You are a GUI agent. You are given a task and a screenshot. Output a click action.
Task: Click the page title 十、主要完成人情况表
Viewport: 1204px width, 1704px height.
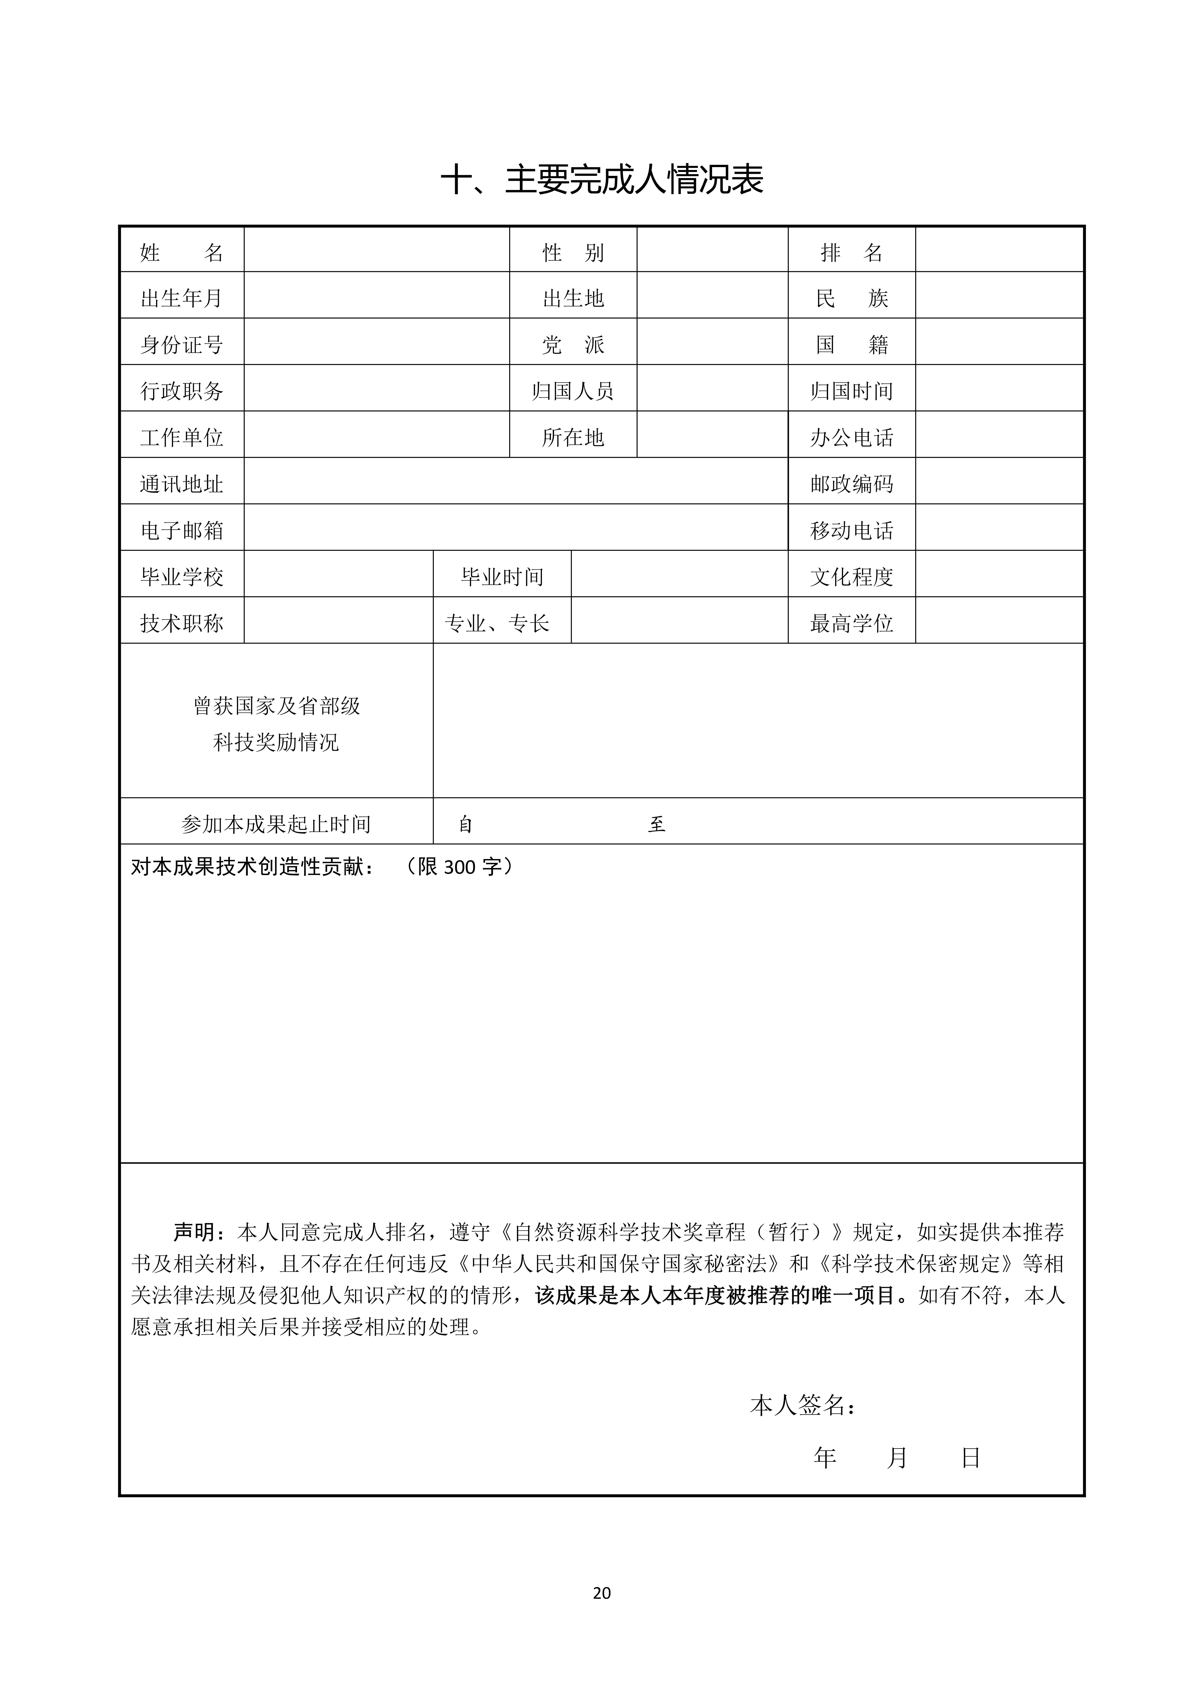pyautogui.click(x=602, y=179)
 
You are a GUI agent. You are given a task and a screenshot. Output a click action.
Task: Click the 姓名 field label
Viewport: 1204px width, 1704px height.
pyautogui.click(x=182, y=253)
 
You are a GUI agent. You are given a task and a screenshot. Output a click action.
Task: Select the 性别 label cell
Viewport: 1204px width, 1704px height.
pyautogui.click(x=573, y=253)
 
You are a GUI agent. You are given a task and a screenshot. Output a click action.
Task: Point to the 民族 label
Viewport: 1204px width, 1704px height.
pyautogui.click(x=852, y=298)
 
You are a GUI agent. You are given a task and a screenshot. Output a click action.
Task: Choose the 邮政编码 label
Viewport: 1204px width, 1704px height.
pyautogui.click(x=852, y=484)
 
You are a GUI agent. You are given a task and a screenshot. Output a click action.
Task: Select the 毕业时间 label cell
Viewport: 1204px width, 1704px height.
pyautogui.click(x=502, y=577)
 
